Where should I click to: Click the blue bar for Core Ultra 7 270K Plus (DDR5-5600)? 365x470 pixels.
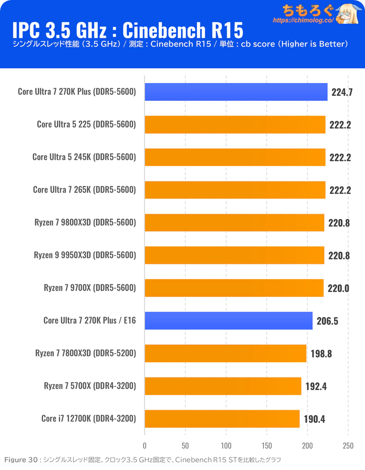point(236,92)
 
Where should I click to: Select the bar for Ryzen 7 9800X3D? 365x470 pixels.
point(234,223)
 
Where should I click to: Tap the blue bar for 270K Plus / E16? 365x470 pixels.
point(229,320)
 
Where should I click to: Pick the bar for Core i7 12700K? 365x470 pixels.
point(222,418)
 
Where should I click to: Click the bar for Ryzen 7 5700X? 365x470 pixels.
point(223,386)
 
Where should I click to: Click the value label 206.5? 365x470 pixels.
point(327,321)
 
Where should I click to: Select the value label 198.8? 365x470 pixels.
point(321,354)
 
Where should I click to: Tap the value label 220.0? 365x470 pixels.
point(338,288)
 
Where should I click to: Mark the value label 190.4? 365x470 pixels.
point(314,419)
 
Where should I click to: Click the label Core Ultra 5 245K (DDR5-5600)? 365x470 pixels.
point(84,157)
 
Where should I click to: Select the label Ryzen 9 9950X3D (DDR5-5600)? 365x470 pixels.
point(85,255)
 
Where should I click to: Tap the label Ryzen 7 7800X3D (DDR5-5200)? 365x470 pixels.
point(85,353)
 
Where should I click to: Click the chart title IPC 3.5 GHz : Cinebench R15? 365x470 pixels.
point(127,30)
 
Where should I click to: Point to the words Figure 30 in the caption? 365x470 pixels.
point(21,460)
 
